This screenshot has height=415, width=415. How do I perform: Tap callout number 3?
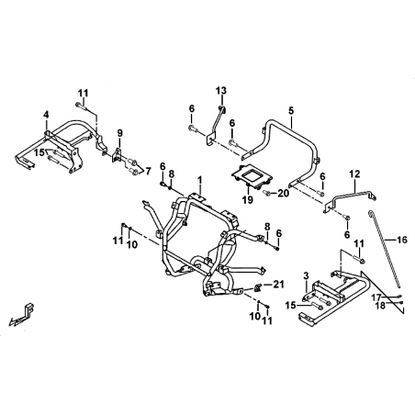click(307, 276)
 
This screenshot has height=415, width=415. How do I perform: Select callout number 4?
click(46, 115)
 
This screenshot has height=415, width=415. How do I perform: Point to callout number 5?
click(291, 110)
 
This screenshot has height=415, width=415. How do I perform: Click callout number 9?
click(119, 133)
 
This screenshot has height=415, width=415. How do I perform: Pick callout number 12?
click(355, 174)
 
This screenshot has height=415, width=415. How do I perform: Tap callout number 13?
click(221, 91)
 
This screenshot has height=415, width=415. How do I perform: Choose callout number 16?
click(402, 240)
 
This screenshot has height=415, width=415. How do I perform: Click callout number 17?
click(376, 297)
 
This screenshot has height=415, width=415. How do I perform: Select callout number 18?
click(381, 306)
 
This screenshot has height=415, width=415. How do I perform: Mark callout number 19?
click(248, 200)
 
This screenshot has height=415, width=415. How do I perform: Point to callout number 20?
click(283, 193)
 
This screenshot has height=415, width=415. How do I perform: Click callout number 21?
click(278, 285)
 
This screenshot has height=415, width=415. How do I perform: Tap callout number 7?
click(148, 172)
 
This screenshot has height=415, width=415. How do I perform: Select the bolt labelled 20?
click(266, 193)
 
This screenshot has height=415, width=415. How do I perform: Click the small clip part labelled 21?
click(258, 287)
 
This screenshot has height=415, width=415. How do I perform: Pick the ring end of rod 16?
click(370, 212)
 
